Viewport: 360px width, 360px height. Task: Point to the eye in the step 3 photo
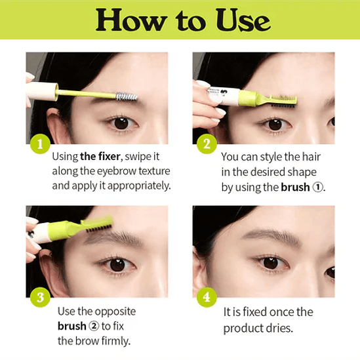pos(117,264)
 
